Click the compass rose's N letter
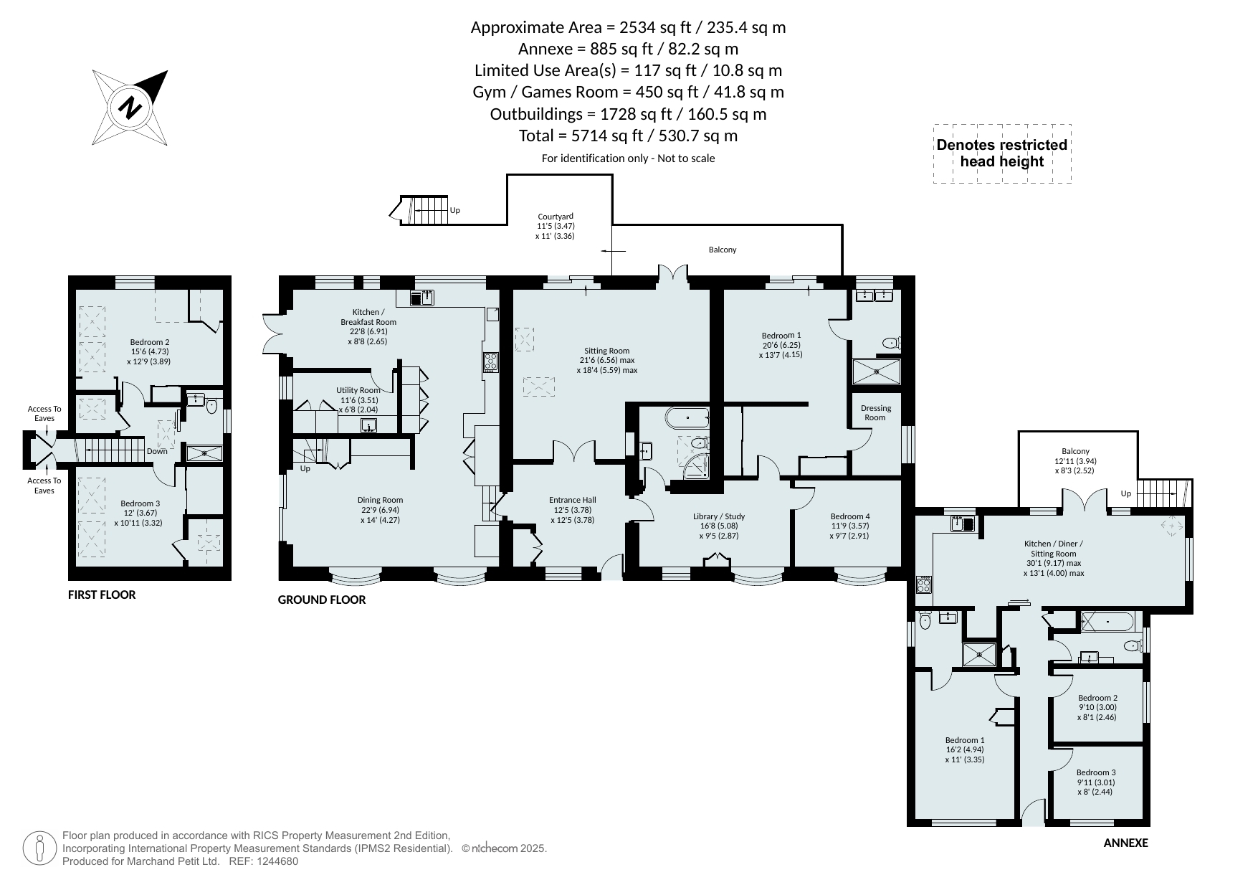130,108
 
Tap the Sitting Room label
606,351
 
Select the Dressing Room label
875,412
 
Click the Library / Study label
719,516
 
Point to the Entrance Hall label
572,500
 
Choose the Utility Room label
358,391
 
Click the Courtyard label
556,217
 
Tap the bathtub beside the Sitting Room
687,417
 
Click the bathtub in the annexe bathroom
1108,621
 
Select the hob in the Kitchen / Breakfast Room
491,362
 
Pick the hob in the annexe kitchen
923,585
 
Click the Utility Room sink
368,425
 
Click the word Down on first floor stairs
157,451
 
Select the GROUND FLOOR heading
322,600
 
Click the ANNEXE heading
1125,843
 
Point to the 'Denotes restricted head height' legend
1002,153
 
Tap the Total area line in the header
628,136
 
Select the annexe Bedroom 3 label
1096,772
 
